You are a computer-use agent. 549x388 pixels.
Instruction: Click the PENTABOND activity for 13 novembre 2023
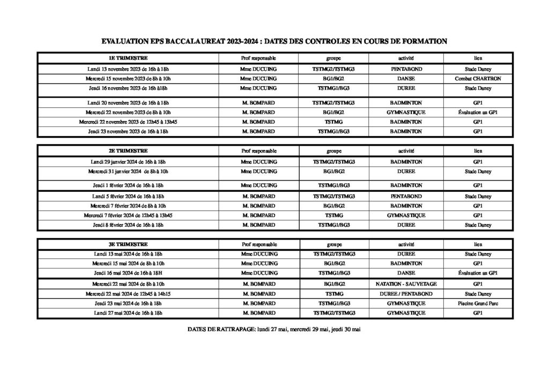click(406, 69)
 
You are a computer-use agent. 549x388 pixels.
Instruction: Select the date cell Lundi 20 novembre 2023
click(128, 102)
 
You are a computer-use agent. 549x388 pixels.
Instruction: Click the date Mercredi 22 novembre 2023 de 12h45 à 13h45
click(128, 122)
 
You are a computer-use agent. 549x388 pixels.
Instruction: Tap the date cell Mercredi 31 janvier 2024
click(128, 171)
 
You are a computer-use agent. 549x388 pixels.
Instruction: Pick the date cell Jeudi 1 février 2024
click(128, 185)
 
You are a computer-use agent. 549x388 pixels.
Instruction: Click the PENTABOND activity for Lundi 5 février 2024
click(406, 197)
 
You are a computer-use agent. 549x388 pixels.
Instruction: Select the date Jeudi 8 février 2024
click(128, 225)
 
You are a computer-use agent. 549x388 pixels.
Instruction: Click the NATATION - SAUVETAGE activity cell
click(406, 284)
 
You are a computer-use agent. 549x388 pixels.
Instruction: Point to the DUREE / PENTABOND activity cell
click(406, 294)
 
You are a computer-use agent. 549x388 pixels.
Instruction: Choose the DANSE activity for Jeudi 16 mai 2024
click(406, 273)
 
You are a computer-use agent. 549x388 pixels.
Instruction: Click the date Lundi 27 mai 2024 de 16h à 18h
click(128, 313)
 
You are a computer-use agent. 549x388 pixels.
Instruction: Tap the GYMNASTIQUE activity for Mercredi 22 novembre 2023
click(406, 113)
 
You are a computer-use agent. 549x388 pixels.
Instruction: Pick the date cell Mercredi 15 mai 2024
click(128, 264)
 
